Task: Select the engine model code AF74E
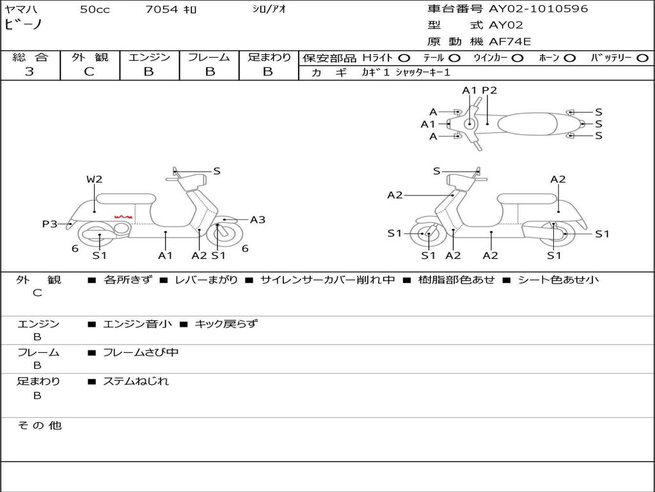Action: pos(510,42)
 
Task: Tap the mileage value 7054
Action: pos(162,10)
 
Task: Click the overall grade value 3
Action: pos(29,72)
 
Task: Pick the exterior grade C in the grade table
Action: pos(89,72)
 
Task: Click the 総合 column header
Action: pos(30,57)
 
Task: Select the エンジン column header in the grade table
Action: pos(149,57)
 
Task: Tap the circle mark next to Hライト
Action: pos(404,58)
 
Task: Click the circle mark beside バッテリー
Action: pos(643,58)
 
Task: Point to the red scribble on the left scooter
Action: pos(123,218)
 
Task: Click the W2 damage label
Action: pos(94,179)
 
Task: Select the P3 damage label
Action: pos(50,224)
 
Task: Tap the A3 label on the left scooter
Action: pos(258,220)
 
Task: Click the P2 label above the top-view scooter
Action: pos(489,90)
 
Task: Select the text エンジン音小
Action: pos(138,324)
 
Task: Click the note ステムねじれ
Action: pos(136,381)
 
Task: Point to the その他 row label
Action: pos(39,425)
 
